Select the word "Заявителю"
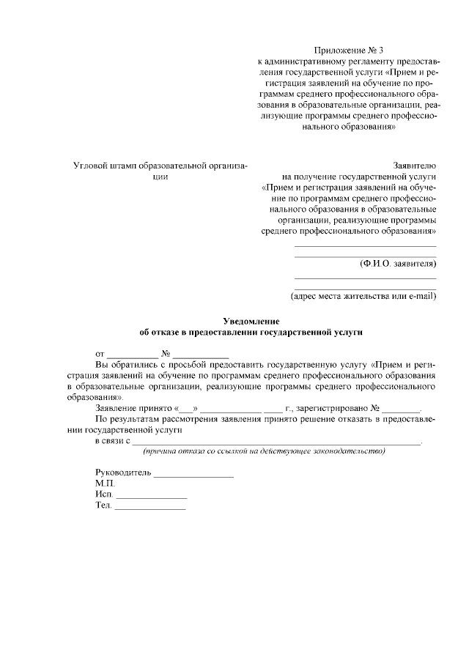[x=415, y=166]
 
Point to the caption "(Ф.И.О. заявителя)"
[x=398, y=263]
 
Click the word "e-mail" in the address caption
[x=419, y=297]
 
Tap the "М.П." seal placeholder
[x=105, y=484]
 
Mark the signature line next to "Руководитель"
[x=193, y=475]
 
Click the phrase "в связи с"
[x=113, y=441]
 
